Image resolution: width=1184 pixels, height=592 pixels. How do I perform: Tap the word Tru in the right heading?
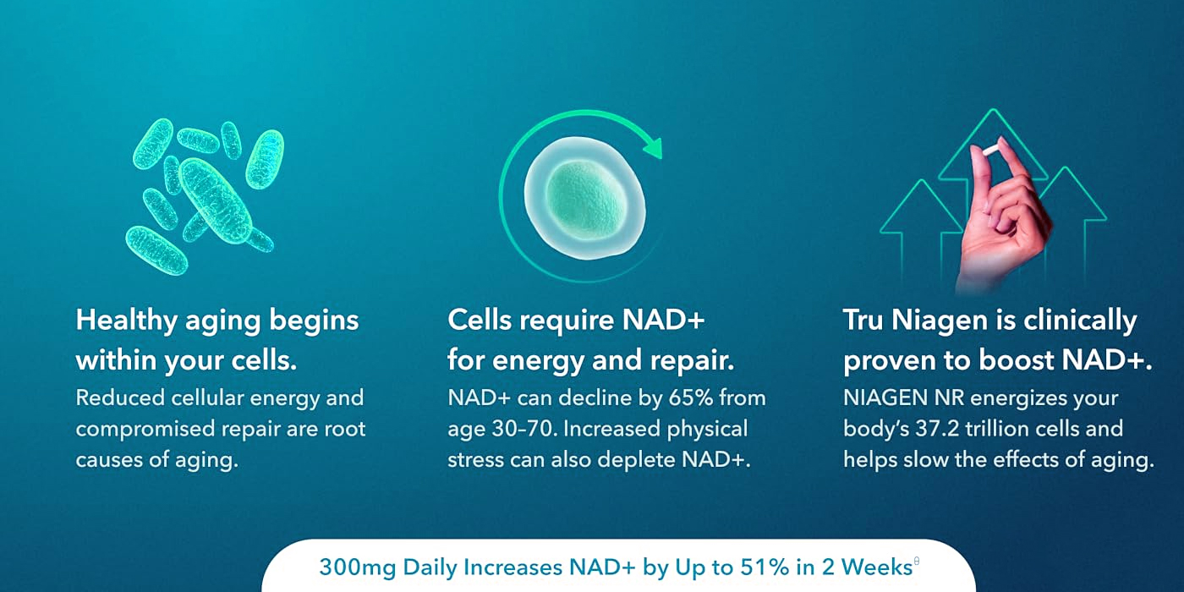click(x=863, y=321)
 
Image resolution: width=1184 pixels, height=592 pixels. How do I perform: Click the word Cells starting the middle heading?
click(x=480, y=321)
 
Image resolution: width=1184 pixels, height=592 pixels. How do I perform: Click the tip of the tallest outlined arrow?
click(x=993, y=109)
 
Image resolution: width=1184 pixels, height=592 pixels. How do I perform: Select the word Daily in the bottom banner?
click(x=430, y=568)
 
